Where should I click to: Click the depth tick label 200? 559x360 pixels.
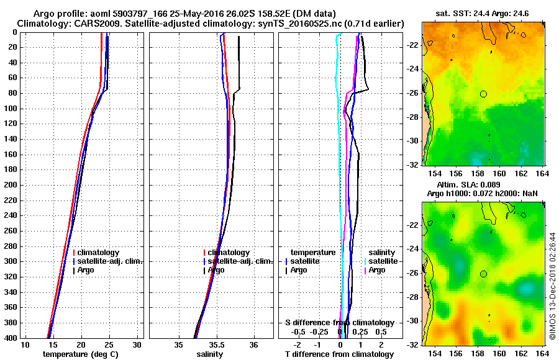point(10,185)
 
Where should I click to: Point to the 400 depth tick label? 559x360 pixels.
point(10,338)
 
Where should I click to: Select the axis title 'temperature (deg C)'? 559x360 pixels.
point(81,354)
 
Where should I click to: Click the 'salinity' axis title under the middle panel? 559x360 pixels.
point(211,354)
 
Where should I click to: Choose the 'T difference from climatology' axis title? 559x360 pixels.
point(339,354)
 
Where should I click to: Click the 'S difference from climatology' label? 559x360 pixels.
point(339,323)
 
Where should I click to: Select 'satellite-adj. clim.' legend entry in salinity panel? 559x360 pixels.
point(237,261)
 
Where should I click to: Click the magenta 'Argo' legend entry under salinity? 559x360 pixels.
point(377,270)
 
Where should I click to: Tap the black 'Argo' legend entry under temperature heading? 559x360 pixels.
point(299,270)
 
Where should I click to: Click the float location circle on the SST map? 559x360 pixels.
point(483,94)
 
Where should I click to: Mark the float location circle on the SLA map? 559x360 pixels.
point(483,274)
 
